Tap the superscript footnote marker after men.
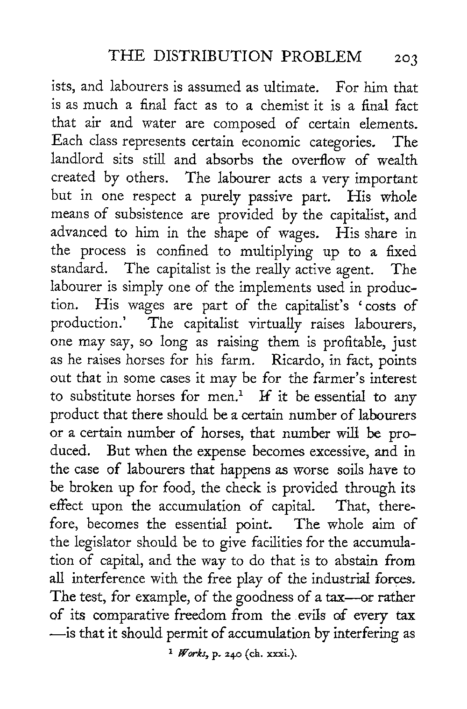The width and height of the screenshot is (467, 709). [x=240, y=394]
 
